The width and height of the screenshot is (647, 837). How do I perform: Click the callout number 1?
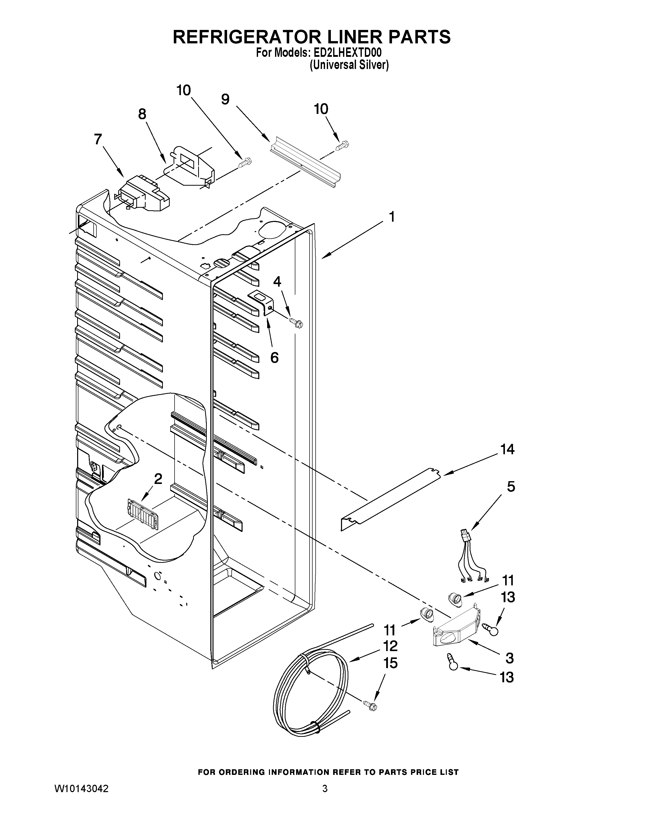click(391, 217)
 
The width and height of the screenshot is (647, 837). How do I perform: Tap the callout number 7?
click(98, 139)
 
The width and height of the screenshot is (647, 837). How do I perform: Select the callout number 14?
click(507, 449)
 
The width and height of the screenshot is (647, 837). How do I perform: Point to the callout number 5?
click(510, 487)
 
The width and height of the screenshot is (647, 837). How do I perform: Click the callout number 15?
click(390, 664)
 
